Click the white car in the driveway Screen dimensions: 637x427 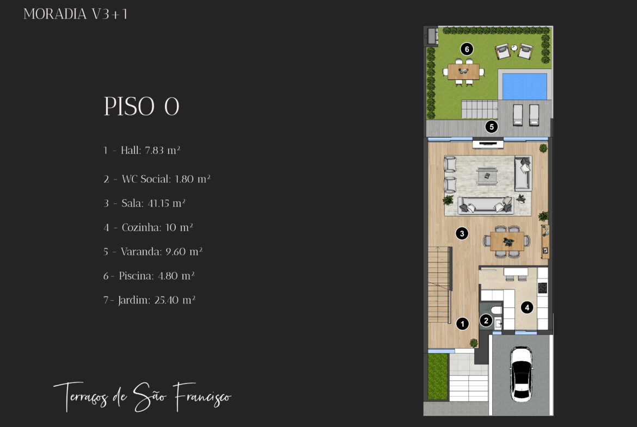pos(522,374)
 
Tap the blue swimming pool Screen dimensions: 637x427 pos(524,86)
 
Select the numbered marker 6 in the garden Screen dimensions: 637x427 pos(467,49)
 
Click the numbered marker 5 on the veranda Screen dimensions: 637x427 pos(492,127)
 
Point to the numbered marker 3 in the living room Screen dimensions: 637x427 pos(462,233)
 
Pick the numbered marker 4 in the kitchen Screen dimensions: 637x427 pos(527,307)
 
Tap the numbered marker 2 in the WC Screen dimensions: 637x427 pos(486,320)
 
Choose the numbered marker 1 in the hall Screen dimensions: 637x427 pos(462,324)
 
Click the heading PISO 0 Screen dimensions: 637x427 pos(142,107)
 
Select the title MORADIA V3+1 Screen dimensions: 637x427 pos(76,14)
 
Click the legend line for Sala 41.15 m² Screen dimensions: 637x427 pos(144,203)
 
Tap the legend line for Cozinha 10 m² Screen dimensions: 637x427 pos(148,227)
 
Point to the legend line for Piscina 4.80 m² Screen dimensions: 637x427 pos(149,276)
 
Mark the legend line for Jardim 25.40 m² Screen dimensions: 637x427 pos(149,300)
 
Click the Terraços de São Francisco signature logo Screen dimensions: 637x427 pos(142,397)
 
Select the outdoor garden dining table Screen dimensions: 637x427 pos(463,71)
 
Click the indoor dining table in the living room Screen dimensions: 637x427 pos(507,241)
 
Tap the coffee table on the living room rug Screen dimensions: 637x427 pos(487,176)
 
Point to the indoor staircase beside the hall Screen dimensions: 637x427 pos(439,284)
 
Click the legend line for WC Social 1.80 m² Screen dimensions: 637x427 pos(157,179)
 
